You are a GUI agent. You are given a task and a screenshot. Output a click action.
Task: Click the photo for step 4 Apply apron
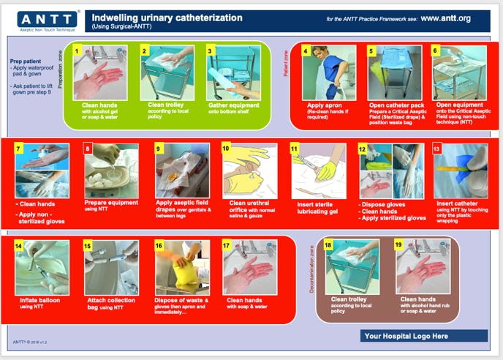point(328,72)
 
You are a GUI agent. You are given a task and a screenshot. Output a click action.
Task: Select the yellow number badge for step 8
point(89,149)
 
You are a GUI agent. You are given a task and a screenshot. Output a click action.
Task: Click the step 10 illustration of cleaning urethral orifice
point(249,170)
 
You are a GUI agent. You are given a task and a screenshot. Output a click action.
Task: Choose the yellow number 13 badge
point(437,149)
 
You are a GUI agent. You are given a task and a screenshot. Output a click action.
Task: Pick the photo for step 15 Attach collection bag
point(110,267)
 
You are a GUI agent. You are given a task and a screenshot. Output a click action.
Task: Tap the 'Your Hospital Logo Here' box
point(412,337)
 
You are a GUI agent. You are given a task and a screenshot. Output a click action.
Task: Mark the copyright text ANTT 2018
point(33,342)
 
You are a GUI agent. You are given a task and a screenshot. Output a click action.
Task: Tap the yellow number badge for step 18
point(328,245)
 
